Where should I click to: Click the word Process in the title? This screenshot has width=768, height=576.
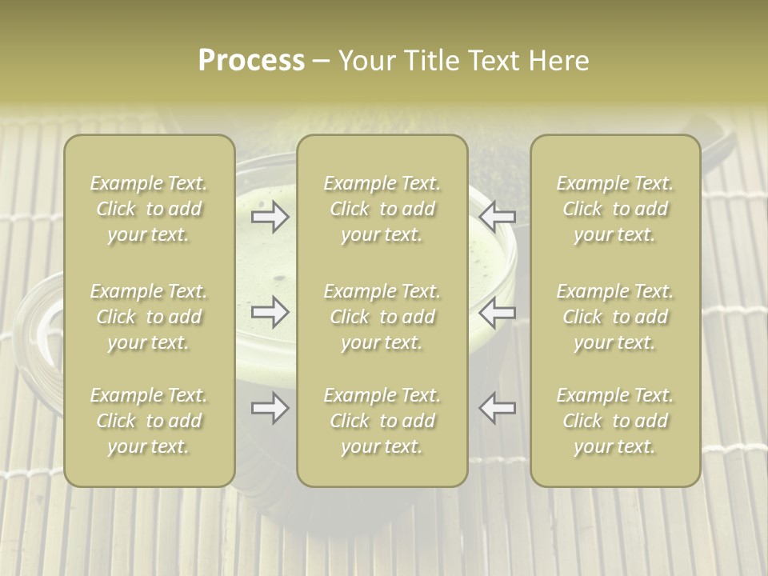point(251,61)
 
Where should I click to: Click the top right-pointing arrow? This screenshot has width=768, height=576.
point(270,217)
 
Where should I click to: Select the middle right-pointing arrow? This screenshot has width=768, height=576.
point(270,312)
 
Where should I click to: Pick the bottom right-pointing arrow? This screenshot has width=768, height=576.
point(270,408)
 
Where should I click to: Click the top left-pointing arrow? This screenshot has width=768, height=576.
point(497,217)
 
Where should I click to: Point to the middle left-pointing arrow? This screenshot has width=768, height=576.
point(497,312)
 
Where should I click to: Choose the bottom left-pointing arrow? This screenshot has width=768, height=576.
point(497,408)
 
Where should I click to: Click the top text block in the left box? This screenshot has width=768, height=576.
point(149,209)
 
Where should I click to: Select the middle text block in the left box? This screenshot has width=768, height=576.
point(149,317)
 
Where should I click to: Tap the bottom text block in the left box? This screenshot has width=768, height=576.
point(149,421)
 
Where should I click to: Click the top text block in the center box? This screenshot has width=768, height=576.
point(382,209)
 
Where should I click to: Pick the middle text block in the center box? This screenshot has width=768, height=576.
point(382,317)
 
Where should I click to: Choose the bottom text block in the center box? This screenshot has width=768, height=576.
point(382,421)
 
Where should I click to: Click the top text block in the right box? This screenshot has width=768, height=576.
point(614,209)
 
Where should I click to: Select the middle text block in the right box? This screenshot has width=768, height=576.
point(614,317)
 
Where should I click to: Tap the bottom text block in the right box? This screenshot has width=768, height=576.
point(614,421)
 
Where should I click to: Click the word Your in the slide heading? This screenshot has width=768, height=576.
point(365,61)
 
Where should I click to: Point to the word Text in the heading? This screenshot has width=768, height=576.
point(493,61)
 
